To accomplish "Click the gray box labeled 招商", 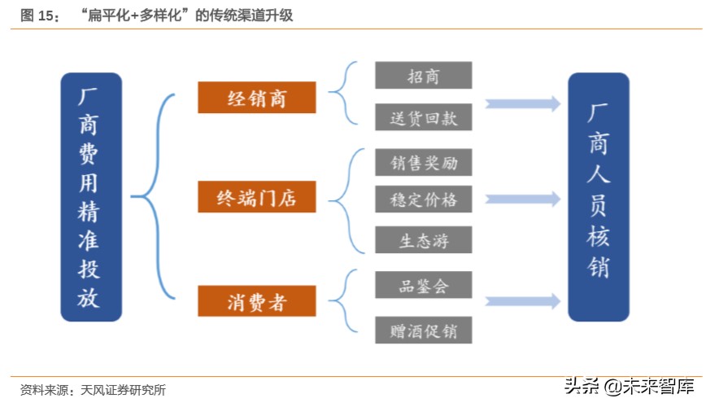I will pyautogui.click(x=423, y=76).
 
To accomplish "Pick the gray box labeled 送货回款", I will pyautogui.click(x=423, y=116).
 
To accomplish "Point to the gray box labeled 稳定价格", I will pyautogui.click(x=423, y=199).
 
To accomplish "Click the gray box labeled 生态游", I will pyautogui.click(x=423, y=239).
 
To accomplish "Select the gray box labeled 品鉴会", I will pyautogui.click(x=423, y=285).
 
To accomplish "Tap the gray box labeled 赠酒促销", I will pyautogui.click(x=423, y=329).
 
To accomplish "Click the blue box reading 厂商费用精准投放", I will pyautogui.click(x=91, y=197).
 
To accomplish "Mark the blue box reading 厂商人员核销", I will pyautogui.click(x=598, y=197).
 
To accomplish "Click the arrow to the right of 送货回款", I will pyautogui.click(x=523, y=103).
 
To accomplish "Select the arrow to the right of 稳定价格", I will pyautogui.click(x=523, y=199).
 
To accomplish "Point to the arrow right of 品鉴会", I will pyautogui.click(x=523, y=301).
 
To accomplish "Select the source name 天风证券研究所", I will pyautogui.click(x=123, y=390).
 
